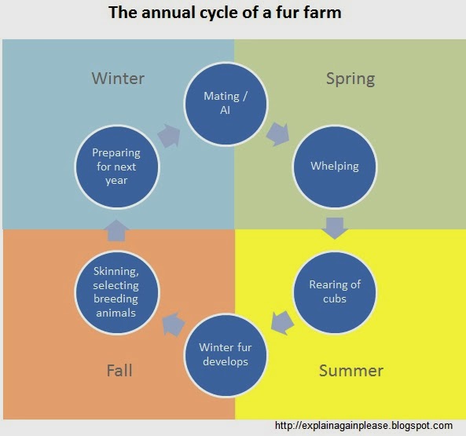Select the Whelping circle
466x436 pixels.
(334, 167)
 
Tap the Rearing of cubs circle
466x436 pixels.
(334, 291)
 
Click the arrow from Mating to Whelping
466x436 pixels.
(277, 134)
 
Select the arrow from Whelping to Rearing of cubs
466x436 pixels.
(335, 228)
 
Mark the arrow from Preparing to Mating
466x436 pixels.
(168, 134)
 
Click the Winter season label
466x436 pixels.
(118, 78)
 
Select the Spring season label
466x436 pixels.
(350, 78)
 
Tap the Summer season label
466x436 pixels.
(351, 370)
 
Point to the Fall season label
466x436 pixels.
(119, 370)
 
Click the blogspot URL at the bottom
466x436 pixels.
(364, 425)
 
